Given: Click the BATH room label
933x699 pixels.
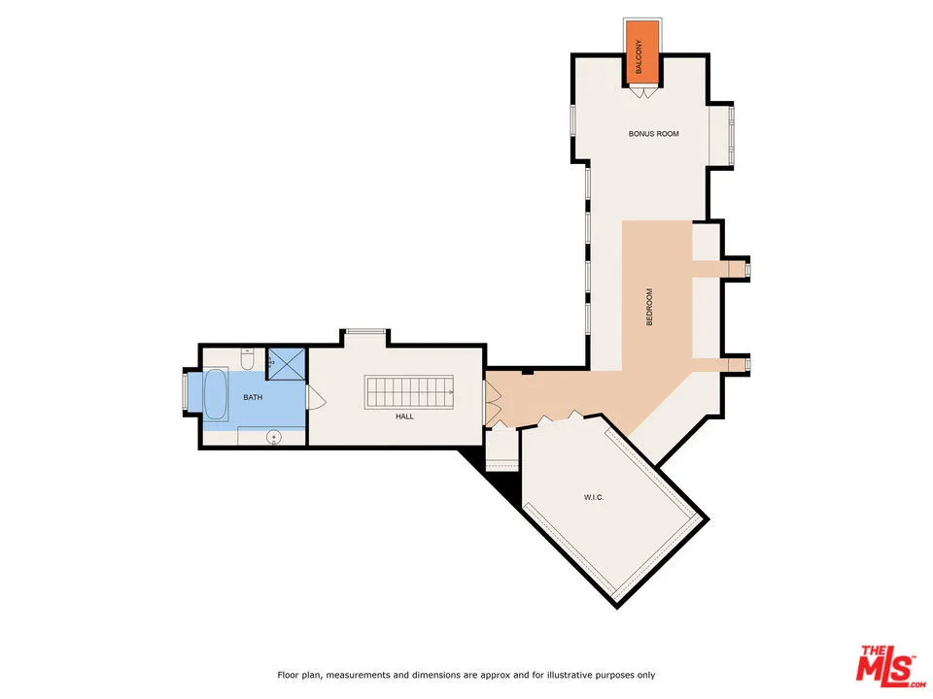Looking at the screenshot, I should coord(253,397).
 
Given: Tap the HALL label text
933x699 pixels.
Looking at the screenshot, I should coord(404,416).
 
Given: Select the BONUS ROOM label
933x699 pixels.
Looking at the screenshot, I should coord(653,133).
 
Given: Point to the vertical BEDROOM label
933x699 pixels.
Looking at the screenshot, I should coord(649,307).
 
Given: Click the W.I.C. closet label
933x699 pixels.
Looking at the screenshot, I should coord(595,498).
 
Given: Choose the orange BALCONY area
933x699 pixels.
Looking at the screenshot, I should coord(640,52).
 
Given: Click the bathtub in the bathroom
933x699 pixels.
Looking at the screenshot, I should coord(215,395).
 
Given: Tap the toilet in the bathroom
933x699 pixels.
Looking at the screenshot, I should coord(248,361).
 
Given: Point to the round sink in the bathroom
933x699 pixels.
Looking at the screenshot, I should coord(275,437).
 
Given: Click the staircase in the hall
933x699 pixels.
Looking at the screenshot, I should coord(409,393).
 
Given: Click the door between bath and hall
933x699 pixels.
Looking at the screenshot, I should coord(314,398).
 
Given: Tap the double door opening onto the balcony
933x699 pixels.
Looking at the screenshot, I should coord(641,93).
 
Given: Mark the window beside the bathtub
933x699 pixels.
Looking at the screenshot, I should coord(188,395).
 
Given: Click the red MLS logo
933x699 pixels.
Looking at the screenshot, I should coord(885,665).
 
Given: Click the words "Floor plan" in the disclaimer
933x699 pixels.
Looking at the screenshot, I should coord(297,675).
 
